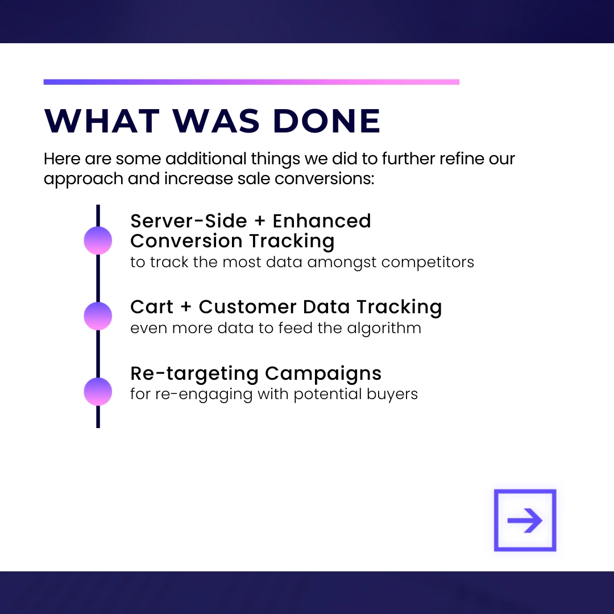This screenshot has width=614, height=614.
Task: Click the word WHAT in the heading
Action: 102,121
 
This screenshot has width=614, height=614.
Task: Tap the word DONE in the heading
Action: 326,121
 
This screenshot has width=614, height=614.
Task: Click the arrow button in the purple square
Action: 525,520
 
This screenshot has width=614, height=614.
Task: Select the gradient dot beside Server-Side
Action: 98,240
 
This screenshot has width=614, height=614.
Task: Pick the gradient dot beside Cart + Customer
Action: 98,316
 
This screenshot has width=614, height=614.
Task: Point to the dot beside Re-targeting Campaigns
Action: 98,392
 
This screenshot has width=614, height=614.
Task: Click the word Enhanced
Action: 322,221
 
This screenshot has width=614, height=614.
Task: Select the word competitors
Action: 428,262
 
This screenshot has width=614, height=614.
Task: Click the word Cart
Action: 152,306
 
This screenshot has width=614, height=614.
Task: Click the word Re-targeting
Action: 194,374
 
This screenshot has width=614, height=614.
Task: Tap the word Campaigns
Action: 323,374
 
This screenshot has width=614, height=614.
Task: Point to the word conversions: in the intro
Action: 325,179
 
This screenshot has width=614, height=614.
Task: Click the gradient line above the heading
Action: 251,82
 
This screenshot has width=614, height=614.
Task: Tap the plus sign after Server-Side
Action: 260,221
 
